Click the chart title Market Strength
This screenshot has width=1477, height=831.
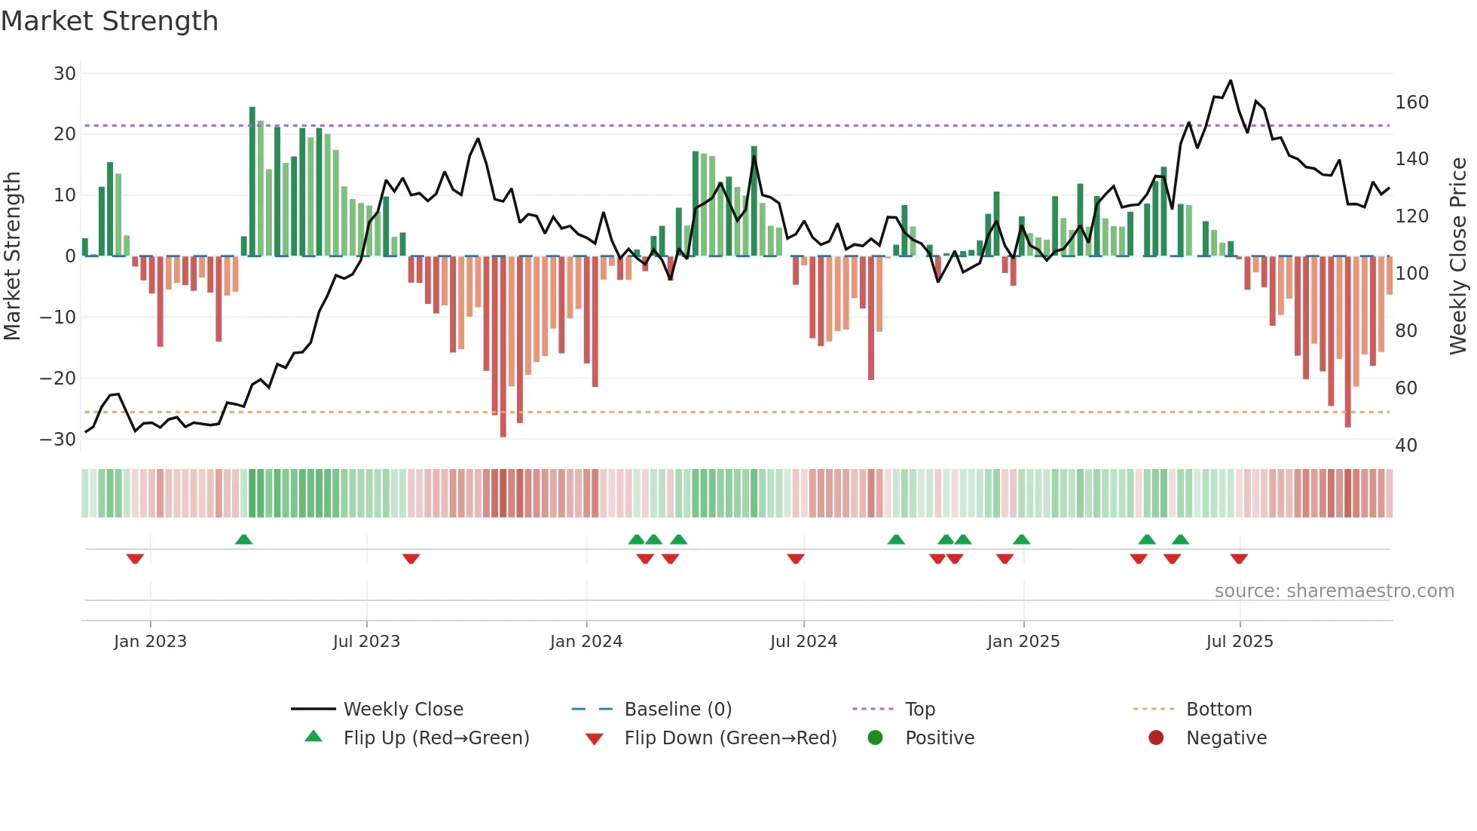click(x=109, y=21)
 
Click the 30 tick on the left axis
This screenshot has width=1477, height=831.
click(x=65, y=74)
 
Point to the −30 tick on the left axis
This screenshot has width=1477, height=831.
click(x=59, y=440)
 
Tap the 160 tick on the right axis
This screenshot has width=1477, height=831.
click(x=1411, y=103)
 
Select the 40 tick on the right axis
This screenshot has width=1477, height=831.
click(x=1406, y=446)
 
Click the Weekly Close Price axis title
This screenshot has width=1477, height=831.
click(x=1458, y=256)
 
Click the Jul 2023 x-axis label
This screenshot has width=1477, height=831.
click(x=366, y=642)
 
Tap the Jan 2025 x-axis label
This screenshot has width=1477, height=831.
click(x=1023, y=642)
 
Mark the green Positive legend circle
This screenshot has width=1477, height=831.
click(x=875, y=738)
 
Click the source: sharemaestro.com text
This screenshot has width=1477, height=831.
click(x=1334, y=591)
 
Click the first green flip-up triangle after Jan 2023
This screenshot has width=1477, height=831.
click(x=243, y=539)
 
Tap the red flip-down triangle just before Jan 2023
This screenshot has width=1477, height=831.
click(x=135, y=559)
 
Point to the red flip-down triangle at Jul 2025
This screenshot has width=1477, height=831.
click(x=1239, y=559)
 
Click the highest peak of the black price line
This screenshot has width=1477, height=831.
click(x=1231, y=81)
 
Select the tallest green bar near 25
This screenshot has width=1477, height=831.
click(x=252, y=181)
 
